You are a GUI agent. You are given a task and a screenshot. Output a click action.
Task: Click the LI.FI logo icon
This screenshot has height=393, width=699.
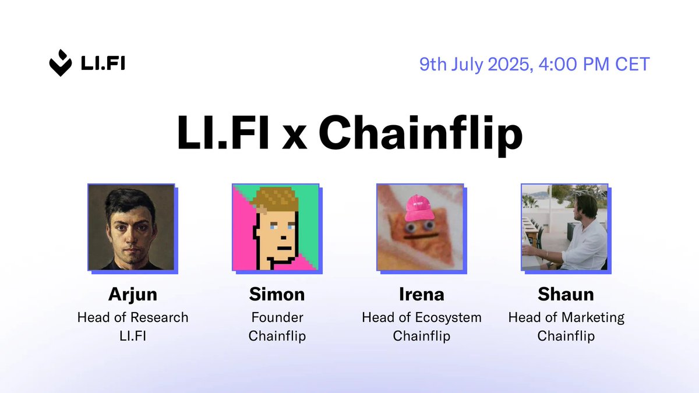61,63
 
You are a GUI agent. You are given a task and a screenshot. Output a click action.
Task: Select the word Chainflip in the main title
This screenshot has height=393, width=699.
420,134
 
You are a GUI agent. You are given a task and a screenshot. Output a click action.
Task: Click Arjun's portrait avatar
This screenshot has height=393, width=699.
131,227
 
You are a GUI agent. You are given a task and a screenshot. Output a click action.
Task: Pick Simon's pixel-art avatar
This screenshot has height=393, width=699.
276,227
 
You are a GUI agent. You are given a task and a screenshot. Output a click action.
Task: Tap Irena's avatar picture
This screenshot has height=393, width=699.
420,227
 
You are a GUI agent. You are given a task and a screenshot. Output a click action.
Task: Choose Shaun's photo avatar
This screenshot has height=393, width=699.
564,227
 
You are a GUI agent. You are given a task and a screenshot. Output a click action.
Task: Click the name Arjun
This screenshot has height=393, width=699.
132,295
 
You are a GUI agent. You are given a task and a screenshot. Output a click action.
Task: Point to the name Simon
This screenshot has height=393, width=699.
277,294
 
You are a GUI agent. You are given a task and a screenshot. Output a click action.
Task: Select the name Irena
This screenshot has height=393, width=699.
421,294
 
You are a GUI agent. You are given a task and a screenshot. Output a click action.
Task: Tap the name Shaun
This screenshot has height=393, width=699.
566,294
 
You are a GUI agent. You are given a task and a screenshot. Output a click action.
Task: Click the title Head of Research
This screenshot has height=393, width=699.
133,317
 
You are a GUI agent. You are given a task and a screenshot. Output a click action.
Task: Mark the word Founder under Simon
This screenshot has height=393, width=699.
277,317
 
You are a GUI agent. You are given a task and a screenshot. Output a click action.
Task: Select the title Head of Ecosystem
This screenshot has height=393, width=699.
421,317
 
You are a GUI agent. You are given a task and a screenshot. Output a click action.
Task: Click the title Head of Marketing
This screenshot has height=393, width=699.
566,317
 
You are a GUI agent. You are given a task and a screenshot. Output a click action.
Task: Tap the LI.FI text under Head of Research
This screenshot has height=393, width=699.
132,336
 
